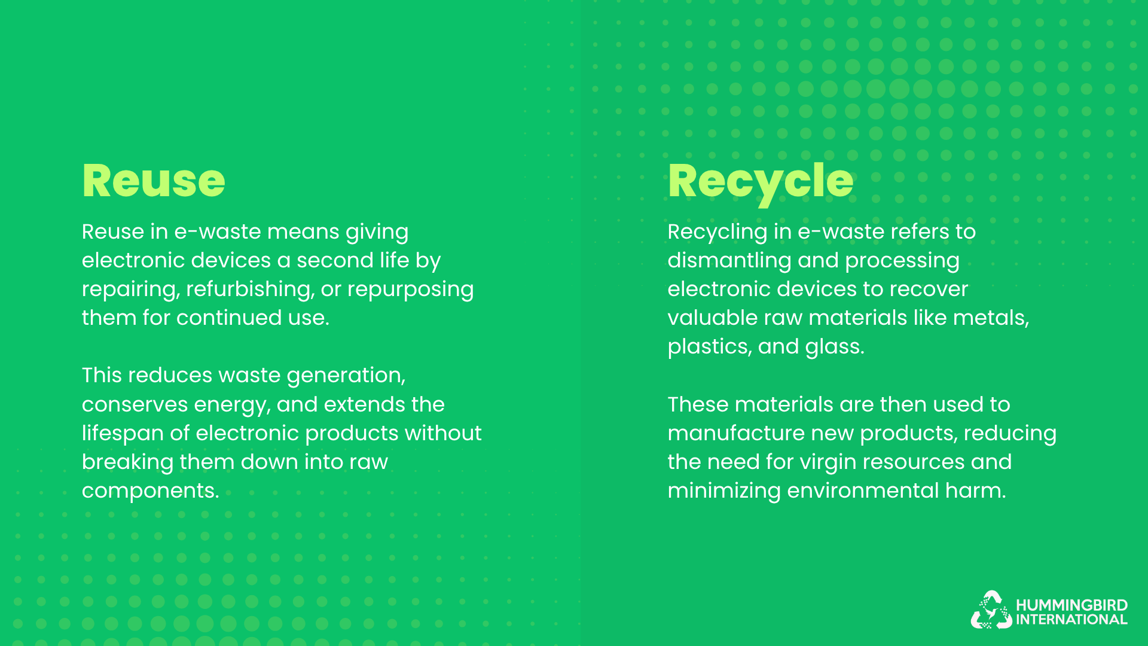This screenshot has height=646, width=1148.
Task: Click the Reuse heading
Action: [154, 181]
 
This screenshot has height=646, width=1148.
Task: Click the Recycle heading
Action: [761, 181]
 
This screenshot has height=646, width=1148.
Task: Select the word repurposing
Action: [410, 290]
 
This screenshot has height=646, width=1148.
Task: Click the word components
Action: [149, 491]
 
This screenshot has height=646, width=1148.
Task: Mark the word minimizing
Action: [724, 491]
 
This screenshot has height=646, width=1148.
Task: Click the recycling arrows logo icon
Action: [991, 611]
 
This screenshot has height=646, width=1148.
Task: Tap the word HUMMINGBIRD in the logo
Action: [1071, 605]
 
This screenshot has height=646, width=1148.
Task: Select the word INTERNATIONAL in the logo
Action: [1071, 620]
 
